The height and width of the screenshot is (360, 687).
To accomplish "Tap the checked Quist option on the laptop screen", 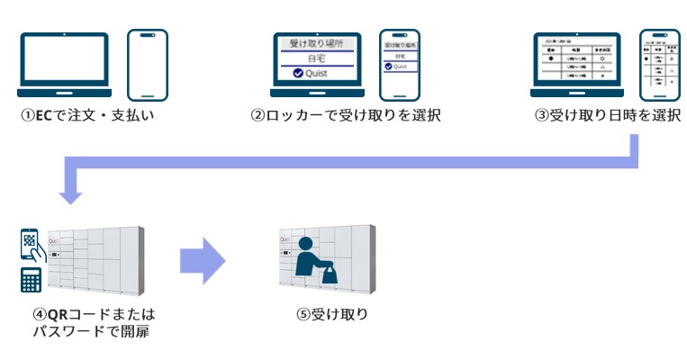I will pyautogui.click(x=315, y=73).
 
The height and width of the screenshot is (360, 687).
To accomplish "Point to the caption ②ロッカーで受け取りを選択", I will pyautogui.click(x=346, y=116).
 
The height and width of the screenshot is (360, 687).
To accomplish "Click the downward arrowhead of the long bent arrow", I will pyautogui.click(x=69, y=192).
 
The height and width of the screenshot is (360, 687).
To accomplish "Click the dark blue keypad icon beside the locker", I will pyautogui.click(x=32, y=282).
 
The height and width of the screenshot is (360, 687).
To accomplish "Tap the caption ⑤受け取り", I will pyautogui.click(x=332, y=314).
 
